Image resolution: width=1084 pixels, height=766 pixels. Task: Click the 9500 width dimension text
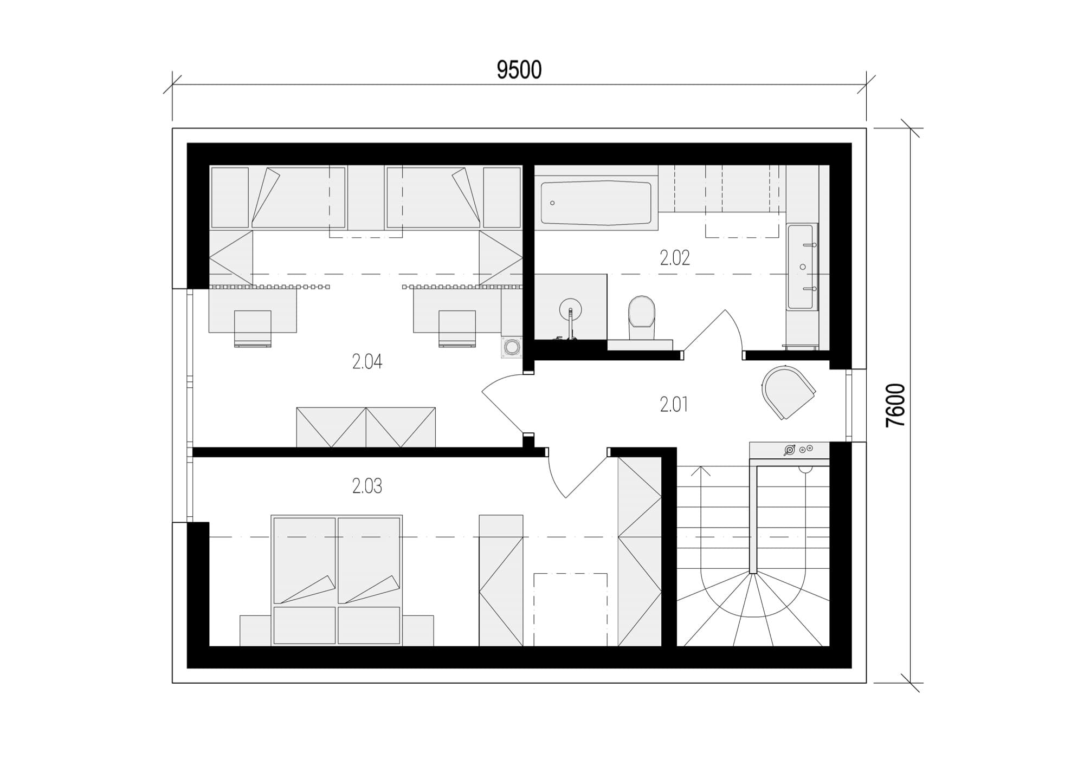(519, 70)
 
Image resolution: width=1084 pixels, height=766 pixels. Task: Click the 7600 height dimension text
(895, 405)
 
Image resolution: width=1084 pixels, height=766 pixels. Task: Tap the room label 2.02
(675, 258)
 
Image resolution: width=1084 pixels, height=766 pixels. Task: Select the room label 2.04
(367, 361)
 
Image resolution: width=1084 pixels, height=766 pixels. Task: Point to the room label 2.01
(674, 404)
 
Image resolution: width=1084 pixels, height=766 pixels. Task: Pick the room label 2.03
(367, 486)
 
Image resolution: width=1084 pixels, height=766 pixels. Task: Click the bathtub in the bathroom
(596, 203)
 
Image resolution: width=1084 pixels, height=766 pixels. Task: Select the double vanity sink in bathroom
(802, 267)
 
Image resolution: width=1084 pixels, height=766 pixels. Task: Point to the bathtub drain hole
(552, 203)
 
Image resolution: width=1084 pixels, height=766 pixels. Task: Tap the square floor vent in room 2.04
(511, 347)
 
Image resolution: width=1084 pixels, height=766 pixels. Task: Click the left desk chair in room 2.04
(253, 328)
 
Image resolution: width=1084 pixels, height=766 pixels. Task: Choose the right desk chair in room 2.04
(457, 328)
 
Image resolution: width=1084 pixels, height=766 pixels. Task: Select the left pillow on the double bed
(305, 626)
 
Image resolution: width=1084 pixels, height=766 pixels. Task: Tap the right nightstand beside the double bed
(418, 631)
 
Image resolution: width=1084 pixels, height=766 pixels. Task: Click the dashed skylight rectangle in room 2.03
(571, 609)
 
